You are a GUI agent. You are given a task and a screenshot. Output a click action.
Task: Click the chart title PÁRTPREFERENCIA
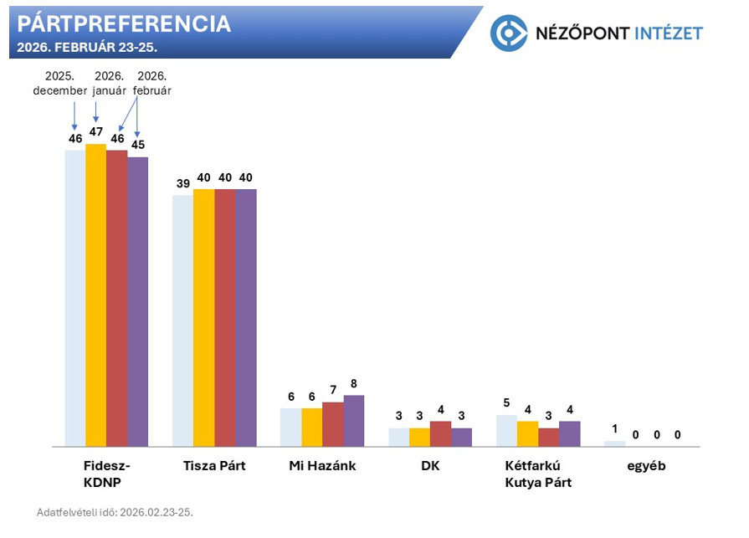(x=124, y=23)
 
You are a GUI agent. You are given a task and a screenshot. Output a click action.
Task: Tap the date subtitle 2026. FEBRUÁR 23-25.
(x=87, y=47)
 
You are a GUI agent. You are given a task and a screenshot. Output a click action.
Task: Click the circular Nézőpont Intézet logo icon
(x=508, y=33)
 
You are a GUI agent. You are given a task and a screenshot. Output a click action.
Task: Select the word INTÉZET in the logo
(x=667, y=33)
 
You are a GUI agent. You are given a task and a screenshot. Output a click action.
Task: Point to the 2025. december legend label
(x=60, y=84)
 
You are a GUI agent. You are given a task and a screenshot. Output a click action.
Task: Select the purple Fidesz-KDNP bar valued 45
(x=137, y=301)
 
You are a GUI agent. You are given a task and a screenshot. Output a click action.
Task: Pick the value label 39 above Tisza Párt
(x=182, y=184)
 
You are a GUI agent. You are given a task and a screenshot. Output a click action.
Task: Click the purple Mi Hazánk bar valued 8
(x=354, y=420)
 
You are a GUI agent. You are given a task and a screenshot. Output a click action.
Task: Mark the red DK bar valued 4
(x=440, y=433)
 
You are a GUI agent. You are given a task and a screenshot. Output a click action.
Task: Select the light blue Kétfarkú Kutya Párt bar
(x=506, y=430)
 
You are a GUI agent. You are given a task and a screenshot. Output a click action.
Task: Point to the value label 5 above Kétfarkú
(x=506, y=403)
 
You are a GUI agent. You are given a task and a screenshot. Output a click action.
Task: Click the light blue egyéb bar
(x=614, y=443)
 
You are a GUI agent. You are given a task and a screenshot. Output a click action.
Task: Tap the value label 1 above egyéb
(x=614, y=429)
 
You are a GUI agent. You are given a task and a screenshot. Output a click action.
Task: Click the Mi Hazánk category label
(x=321, y=466)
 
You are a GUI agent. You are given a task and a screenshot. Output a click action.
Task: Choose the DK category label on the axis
(x=430, y=466)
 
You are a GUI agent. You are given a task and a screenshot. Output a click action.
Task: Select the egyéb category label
(x=646, y=466)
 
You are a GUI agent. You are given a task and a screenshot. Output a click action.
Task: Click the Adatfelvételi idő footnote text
(x=115, y=512)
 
